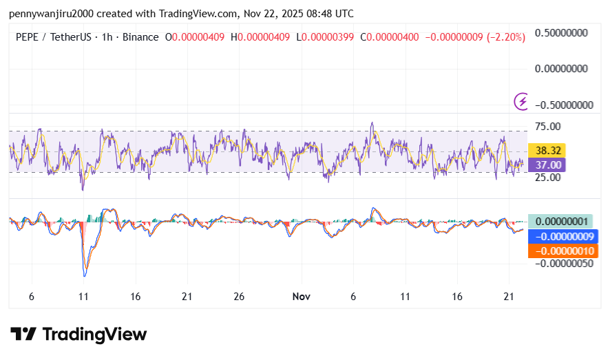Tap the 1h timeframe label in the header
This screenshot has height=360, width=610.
(x=107, y=37)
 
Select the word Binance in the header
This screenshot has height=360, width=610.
(x=140, y=37)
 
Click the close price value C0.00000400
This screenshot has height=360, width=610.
(x=392, y=37)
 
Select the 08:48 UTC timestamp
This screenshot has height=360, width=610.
(x=331, y=13)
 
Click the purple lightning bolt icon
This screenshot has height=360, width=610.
(x=522, y=102)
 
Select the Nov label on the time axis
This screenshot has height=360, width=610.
(x=301, y=297)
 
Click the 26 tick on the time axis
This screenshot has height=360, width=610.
(x=239, y=297)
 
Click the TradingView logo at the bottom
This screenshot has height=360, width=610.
(x=78, y=335)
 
